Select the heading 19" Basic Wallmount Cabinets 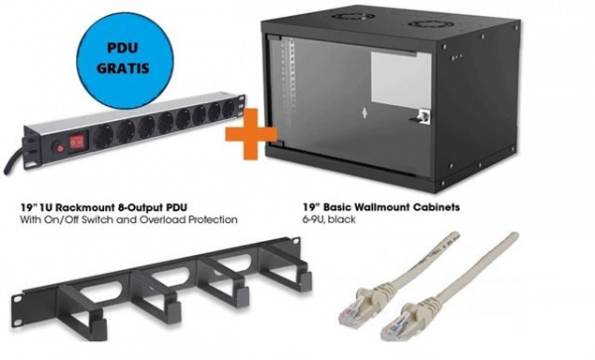382,209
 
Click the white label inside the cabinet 397,74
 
